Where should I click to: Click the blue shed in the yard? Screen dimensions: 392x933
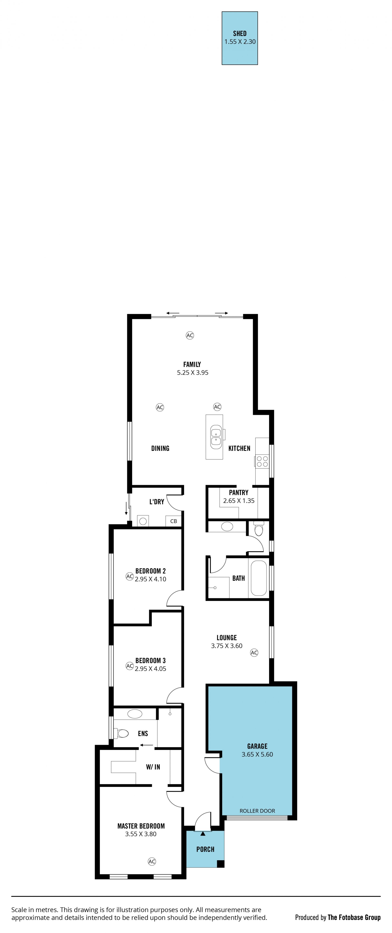pyautogui.click(x=240, y=38)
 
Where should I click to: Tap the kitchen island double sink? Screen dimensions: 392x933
pyautogui.click(x=216, y=436)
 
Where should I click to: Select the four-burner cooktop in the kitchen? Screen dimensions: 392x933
pyautogui.click(x=262, y=461)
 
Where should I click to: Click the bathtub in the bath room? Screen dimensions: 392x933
pyautogui.click(x=258, y=578)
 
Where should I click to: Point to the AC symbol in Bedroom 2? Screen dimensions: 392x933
pyautogui.click(x=130, y=576)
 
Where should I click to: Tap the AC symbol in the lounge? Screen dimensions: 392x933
pyautogui.click(x=254, y=653)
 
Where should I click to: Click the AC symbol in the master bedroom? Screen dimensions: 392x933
pyautogui.click(x=152, y=862)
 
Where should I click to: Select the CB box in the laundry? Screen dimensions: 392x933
pyautogui.click(x=173, y=521)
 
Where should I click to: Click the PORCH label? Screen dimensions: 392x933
pyautogui.click(x=205, y=849)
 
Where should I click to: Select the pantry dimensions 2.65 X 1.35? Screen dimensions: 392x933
pyautogui.click(x=239, y=501)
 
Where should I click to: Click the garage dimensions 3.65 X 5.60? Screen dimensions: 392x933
pyautogui.click(x=257, y=754)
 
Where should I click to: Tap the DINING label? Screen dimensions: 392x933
pyautogui.click(x=160, y=448)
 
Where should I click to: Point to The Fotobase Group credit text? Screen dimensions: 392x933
pyautogui.click(x=354, y=915)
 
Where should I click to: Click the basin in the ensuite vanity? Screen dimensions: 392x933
pyautogui.click(x=135, y=714)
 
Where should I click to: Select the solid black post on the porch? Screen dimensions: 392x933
pyautogui.click(x=220, y=864)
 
